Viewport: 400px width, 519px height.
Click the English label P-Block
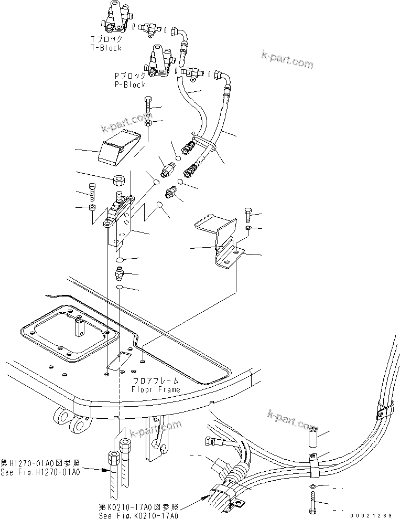click(130, 84)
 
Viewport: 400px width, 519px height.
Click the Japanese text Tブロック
click(106, 39)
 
